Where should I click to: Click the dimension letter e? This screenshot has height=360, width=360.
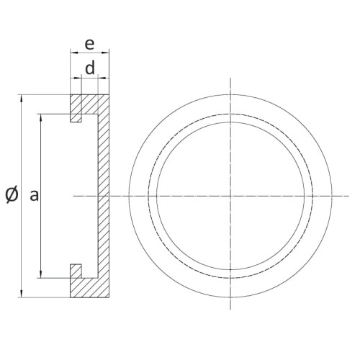point(89,43)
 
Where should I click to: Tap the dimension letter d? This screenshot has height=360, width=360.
point(90,69)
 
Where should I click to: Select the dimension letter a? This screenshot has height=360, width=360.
point(33,194)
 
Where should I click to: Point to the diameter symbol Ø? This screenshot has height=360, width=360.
point(12,194)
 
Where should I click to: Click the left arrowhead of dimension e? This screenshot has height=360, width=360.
point(72,52)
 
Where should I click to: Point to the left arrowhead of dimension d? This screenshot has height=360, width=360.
point(83,78)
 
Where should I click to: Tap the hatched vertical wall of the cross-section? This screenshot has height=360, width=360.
point(102,194)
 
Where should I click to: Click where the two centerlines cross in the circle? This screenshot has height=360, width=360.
point(230,195)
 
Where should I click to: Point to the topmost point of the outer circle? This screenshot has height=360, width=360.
point(230,93)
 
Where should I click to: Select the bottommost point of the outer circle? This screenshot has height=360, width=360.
point(230,297)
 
